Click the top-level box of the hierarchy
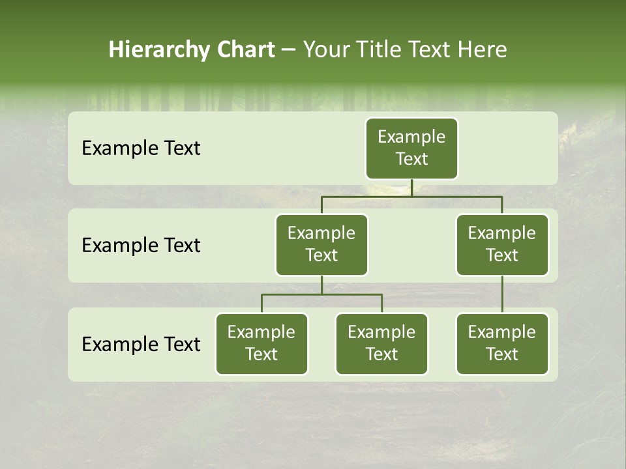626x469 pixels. click(x=411, y=149)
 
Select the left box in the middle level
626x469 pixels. click(x=321, y=245)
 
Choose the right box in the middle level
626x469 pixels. click(x=502, y=245)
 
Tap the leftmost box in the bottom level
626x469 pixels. click(x=261, y=344)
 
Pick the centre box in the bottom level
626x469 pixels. click(x=381, y=344)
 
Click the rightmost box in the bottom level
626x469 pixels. click(x=502, y=344)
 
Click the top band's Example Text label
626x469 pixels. click(x=141, y=149)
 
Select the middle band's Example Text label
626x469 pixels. click(x=141, y=246)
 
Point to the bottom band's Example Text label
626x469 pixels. click(x=141, y=345)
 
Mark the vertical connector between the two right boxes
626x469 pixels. click(x=502, y=294)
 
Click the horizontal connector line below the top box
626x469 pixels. click(x=411, y=196)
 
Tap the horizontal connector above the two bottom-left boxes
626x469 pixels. click(x=321, y=294)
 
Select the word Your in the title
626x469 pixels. click(x=324, y=50)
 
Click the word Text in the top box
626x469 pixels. click(x=411, y=159)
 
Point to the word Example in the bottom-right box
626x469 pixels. click(x=502, y=332)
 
